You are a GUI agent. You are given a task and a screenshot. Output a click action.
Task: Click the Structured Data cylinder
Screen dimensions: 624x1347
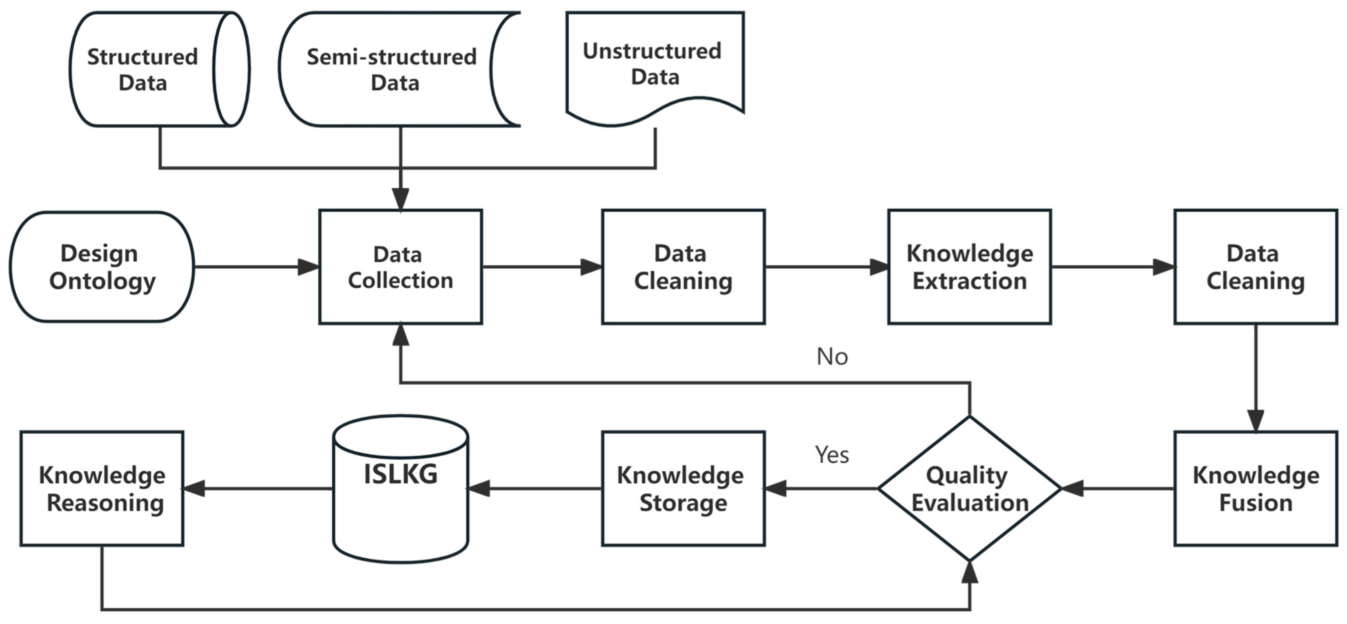(x=151, y=69)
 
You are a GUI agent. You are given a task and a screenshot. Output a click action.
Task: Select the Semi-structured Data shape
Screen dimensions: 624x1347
(x=392, y=69)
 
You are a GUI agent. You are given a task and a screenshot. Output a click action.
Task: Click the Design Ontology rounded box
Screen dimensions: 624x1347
(x=102, y=267)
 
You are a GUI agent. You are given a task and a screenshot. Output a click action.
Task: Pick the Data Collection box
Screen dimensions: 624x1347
(x=401, y=267)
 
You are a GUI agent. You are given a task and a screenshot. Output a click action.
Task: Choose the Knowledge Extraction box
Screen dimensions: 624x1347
(x=969, y=267)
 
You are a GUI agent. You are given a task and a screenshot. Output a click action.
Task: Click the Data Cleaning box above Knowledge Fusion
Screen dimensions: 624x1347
(x=1256, y=267)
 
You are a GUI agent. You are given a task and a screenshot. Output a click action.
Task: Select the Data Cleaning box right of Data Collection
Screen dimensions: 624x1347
(x=683, y=267)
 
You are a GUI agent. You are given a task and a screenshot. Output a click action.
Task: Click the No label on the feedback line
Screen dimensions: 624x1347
(x=832, y=357)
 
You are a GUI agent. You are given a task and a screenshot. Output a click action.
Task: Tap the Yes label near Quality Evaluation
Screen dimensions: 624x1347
(x=832, y=455)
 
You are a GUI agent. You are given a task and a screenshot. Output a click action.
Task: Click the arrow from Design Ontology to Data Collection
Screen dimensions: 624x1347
(x=256, y=267)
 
